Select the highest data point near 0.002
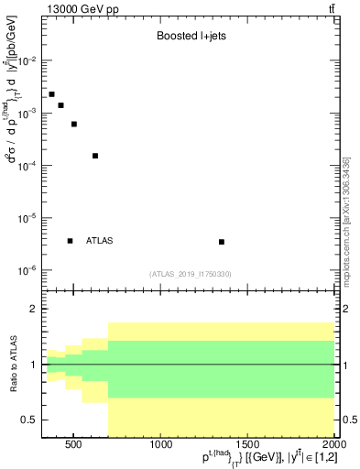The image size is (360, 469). click(51, 94)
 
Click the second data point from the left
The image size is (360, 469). click(60, 105)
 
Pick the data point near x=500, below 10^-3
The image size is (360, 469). click(74, 124)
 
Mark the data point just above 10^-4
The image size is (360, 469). click(95, 156)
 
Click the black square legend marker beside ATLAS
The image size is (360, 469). click(70, 241)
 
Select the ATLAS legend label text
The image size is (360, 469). click(99, 241)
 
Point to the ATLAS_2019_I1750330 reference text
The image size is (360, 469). click(190, 274)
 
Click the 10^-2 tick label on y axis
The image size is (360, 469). click(27, 60)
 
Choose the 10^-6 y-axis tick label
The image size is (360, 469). click(27, 271)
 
